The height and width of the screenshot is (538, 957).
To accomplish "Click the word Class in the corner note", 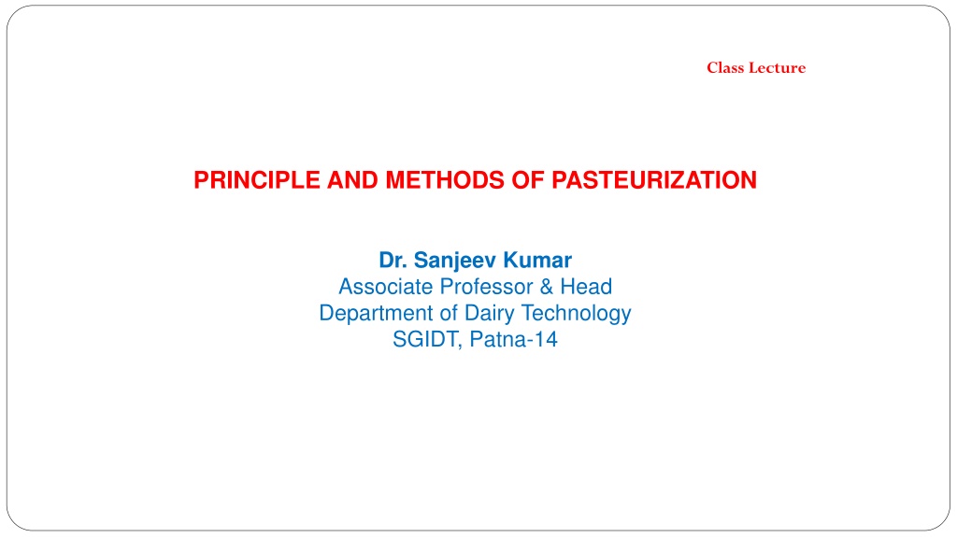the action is click(725, 67).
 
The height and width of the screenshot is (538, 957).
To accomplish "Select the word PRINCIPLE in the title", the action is click(257, 180).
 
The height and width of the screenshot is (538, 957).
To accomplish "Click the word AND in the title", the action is click(352, 180).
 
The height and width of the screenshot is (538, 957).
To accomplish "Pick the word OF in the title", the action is click(528, 180).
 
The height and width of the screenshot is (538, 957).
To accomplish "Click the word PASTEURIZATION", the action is click(654, 180).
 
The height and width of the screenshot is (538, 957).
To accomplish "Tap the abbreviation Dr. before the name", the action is click(393, 260).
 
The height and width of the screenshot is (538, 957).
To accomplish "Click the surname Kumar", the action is click(537, 260).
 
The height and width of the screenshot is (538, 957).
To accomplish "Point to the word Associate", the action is click(386, 287).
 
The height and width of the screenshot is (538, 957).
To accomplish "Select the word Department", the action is click(376, 314).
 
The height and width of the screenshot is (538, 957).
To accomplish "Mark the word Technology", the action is click(576, 314).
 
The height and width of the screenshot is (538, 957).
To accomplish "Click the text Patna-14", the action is click(514, 339).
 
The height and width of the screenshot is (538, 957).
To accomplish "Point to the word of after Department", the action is click(449, 313).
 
